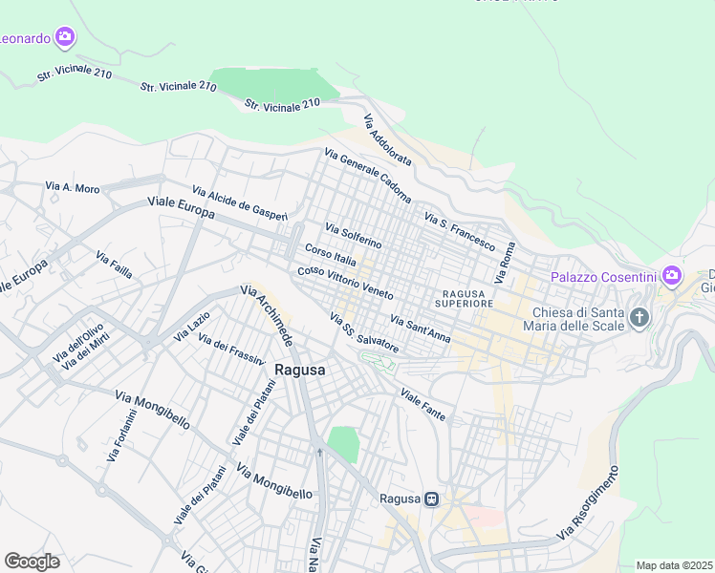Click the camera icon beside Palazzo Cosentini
click(x=671, y=277)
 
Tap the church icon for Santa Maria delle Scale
click(x=639, y=316)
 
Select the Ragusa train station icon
click(x=432, y=499)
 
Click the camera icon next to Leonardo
click(x=65, y=37)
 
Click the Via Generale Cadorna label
click(x=367, y=176)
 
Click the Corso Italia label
click(x=330, y=255)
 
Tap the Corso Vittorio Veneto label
click(x=345, y=282)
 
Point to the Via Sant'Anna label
click(x=420, y=327)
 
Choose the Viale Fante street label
click(x=422, y=405)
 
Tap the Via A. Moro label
click(x=73, y=188)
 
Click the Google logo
click(x=32, y=562)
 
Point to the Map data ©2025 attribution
click(x=674, y=565)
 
